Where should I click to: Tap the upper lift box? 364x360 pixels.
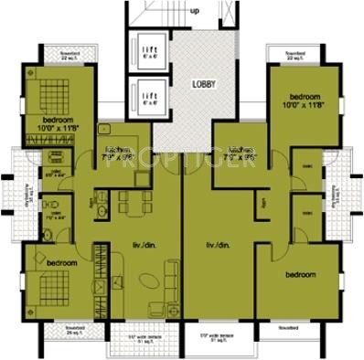pos(149,50)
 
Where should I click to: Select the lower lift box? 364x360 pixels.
pos(149,96)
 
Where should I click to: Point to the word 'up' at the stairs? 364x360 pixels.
pos(195,11)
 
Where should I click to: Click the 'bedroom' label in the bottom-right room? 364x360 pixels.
pos(299,274)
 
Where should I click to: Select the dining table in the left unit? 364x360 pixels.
pos(131,200)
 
